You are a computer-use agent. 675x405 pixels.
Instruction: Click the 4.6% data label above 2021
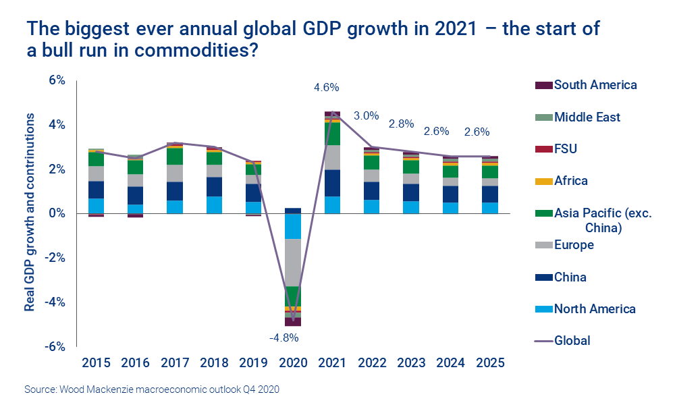coord(326,88)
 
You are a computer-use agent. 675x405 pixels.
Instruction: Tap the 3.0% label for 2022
coord(366,115)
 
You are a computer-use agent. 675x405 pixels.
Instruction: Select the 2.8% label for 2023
coord(403,124)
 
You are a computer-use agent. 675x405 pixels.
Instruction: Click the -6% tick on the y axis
coord(54,346)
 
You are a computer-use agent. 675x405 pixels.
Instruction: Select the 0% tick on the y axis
coord(56,213)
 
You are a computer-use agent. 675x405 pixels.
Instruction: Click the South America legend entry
coord(595,85)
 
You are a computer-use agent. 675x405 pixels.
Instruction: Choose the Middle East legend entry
coord(587,117)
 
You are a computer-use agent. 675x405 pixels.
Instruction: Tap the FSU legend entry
coord(565,149)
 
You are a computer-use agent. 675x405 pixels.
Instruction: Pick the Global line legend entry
coord(572,341)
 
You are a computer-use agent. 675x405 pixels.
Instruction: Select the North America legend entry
coord(594,309)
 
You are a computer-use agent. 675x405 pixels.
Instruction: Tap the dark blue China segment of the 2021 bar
coord(332,183)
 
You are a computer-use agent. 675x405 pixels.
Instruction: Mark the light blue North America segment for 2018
coord(214,205)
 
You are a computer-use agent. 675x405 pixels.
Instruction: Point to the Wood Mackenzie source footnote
coord(152,390)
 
